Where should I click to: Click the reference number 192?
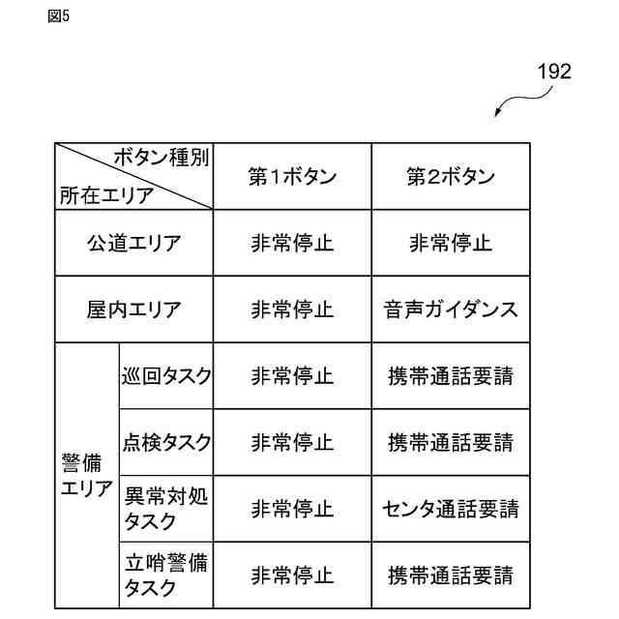coord(553,72)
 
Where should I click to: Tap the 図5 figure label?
coord(58,16)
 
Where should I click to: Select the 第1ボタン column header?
coord(292,177)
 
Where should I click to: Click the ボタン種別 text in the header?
coord(161,158)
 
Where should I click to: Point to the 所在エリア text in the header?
coord(106,195)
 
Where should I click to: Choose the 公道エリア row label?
coord(133,243)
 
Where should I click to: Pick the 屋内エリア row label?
coord(133,309)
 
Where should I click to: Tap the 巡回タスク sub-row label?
coord(166,376)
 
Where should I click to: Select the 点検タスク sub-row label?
coord(166,442)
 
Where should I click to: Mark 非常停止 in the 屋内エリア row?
coord(292,309)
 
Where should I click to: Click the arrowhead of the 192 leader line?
coord(497,115)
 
